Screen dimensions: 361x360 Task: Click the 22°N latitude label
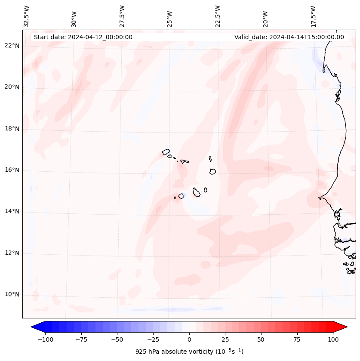click(12, 46)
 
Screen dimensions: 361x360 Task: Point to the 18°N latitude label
click(12, 129)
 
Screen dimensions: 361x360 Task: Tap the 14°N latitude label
click(12, 212)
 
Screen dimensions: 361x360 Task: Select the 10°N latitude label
click(12, 295)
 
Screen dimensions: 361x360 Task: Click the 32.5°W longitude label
click(27, 16)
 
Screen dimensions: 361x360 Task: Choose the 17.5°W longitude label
click(313, 16)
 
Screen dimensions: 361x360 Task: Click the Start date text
click(83, 37)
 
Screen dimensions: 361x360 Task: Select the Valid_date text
click(289, 37)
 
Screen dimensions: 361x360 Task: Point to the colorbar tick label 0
click(189, 339)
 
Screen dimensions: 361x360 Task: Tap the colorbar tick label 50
click(261, 339)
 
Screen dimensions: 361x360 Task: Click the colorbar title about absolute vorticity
click(189, 352)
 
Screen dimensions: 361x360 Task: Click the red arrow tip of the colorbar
click(342, 327)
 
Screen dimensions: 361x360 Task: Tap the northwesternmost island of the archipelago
click(166, 152)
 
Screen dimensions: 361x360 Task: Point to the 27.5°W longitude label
click(123, 16)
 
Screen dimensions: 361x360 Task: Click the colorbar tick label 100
click(333, 339)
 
